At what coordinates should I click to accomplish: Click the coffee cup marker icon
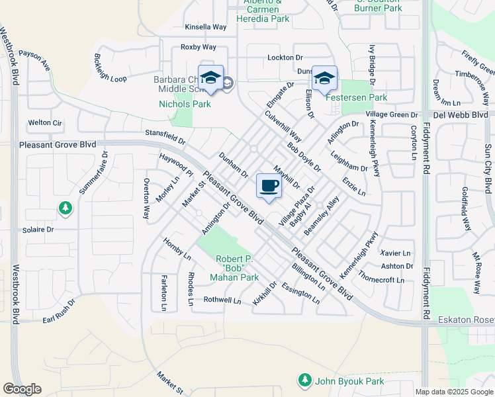tap(268, 187)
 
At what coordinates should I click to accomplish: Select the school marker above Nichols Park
tap(210, 78)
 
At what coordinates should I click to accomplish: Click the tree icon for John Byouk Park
tap(304, 380)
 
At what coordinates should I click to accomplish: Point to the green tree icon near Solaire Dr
tap(66, 208)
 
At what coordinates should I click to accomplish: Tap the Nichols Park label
tap(185, 104)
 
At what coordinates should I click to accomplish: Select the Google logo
tap(22, 389)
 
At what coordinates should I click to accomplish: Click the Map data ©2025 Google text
tap(454, 392)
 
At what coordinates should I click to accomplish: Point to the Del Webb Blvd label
tap(463, 113)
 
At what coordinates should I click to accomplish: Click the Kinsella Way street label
tap(205, 27)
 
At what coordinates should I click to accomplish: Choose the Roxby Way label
tap(199, 47)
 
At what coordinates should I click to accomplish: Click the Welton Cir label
tap(44, 122)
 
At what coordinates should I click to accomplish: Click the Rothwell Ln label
tap(222, 300)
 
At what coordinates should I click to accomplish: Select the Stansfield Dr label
tap(165, 135)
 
